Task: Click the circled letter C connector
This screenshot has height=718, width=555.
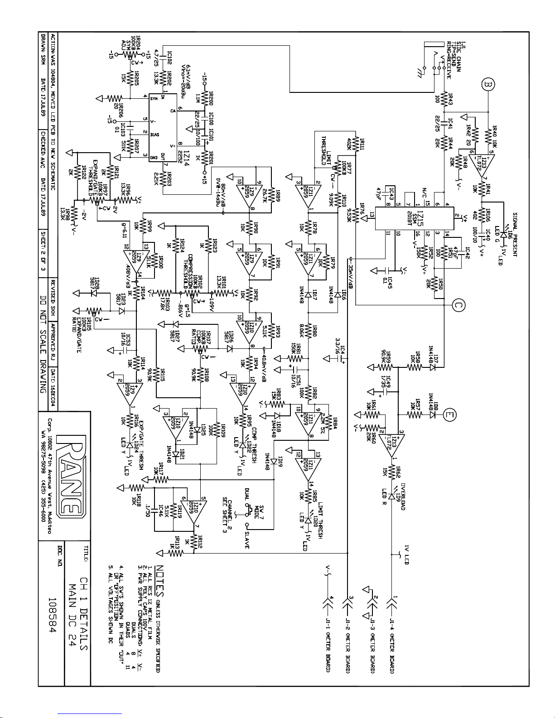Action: pos(458,306)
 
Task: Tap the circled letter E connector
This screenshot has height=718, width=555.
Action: pos(450,414)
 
